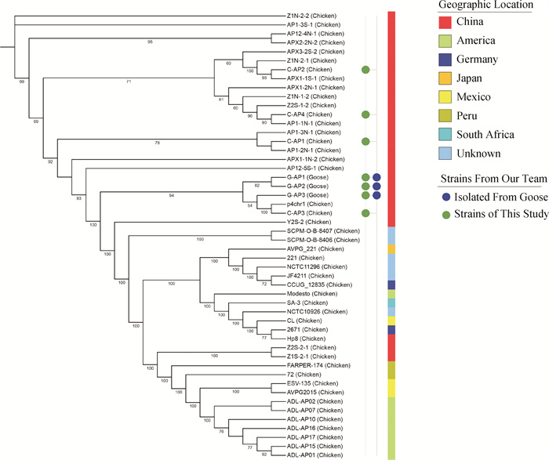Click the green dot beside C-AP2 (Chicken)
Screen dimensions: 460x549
(x=365, y=71)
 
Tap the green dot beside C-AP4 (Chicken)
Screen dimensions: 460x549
(x=365, y=114)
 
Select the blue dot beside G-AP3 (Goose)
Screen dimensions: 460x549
(x=377, y=195)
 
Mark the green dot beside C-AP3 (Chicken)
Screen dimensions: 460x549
(x=365, y=213)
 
